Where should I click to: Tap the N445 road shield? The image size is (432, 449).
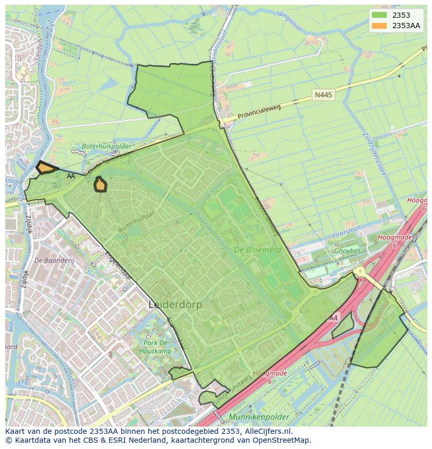(323, 95)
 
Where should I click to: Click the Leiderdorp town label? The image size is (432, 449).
(175, 304)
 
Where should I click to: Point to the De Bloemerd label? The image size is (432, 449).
(257, 250)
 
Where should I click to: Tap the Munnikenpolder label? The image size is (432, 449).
(259, 418)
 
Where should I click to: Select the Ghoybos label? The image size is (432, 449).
(347, 251)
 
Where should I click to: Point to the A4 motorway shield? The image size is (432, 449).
(333, 318)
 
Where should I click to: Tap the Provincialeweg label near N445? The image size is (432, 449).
(259, 111)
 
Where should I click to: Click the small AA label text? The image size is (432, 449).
(71, 176)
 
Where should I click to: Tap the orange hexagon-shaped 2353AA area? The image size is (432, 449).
(100, 185)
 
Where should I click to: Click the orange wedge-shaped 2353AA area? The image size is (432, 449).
(46, 168)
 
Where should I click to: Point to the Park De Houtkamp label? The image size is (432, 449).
(155, 347)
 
